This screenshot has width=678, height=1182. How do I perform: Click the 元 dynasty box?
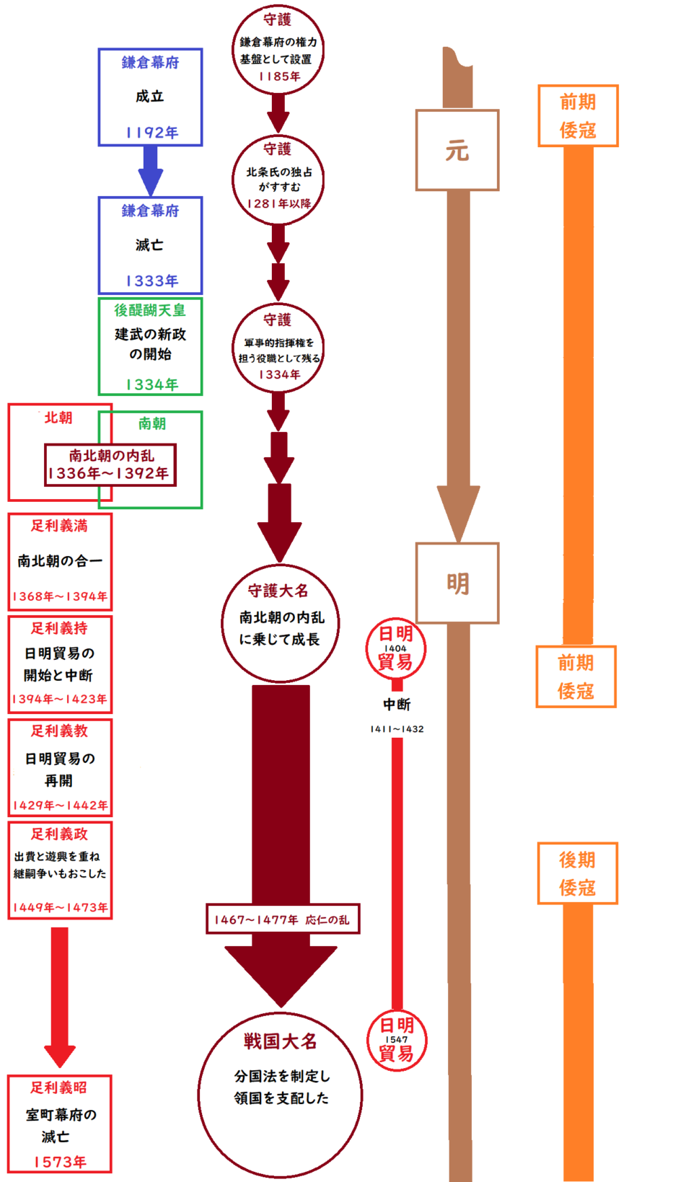[x=457, y=150]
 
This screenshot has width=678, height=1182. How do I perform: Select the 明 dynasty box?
[x=457, y=583]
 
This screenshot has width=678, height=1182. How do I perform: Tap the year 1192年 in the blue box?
[x=151, y=133]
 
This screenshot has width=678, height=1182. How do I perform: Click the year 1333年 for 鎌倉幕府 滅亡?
[x=151, y=281]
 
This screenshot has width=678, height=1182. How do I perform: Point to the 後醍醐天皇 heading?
[x=150, y=310]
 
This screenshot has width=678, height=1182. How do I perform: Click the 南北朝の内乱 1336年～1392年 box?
[x=110, y=465]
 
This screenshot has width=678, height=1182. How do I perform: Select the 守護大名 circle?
[x=279, y=622]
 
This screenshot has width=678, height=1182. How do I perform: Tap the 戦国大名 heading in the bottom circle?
[x=280, y=1041]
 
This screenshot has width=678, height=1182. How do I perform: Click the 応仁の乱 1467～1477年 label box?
[x=282, y=919]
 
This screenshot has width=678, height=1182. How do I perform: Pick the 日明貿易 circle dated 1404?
[x=395, y=648]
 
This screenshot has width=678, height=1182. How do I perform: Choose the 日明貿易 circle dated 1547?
[x=396, y=1040]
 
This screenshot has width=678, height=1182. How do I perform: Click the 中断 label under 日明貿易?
[x=396, y=705]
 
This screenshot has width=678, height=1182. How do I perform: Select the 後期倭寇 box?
[x=577, y=873]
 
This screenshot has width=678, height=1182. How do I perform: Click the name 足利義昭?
[x=59, y=1088]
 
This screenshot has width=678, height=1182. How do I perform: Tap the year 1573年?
[x=60, y=1162]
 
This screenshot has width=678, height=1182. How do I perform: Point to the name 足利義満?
[x=59, y=526]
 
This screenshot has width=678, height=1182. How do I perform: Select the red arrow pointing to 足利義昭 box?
[x=60, y=995]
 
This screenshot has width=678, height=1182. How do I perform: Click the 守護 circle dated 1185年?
[x=278, y=50]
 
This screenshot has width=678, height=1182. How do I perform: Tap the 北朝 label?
[x=58, y=418]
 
